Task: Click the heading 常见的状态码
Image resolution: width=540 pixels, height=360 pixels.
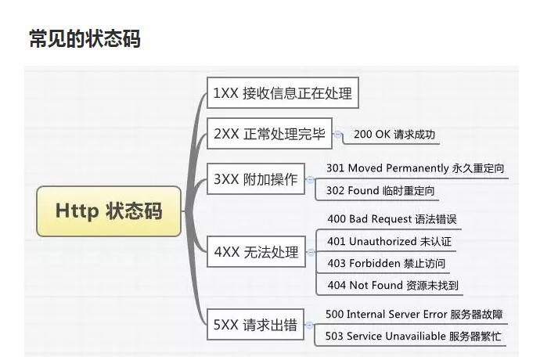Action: coord(85,38)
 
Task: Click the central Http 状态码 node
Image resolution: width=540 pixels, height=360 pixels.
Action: coord(109,211)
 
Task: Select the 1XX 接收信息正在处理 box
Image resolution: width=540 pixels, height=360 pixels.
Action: coord(283,94)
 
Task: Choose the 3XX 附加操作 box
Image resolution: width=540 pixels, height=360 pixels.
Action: coord(255,179)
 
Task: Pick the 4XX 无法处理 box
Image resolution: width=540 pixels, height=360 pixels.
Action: coord(256,252)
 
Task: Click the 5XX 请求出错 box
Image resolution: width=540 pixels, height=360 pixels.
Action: coord(255,325)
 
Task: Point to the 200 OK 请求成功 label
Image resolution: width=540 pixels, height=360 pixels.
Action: coord(394,135)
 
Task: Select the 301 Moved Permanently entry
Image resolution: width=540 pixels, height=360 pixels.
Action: coord(415,168)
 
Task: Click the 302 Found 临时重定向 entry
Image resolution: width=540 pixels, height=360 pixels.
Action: coord(380,190)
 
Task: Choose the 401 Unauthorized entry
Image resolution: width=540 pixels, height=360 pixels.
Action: coord(389,241)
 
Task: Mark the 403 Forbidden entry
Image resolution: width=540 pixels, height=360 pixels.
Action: coord(386,263)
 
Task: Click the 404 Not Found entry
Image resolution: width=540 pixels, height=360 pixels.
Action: coord(393,285)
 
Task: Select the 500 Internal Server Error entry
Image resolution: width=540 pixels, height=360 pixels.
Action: coord(414,315)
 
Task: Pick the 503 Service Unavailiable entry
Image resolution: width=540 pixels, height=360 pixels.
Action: coord(412,337)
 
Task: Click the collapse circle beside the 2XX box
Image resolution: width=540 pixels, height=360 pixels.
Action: coord(338,135)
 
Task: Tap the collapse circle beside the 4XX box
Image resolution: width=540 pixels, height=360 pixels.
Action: coord(311,252)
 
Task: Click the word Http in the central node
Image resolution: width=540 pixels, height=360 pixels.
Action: coord(76,211)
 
